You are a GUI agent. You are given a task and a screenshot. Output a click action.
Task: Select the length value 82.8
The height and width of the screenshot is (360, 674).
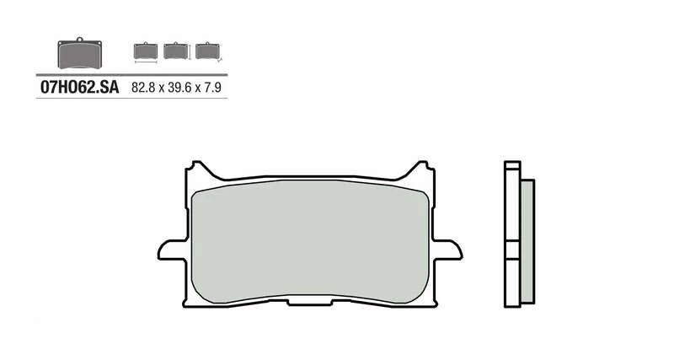coord(143,87)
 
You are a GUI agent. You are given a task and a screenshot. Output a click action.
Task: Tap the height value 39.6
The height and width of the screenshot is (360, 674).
coord(179,87)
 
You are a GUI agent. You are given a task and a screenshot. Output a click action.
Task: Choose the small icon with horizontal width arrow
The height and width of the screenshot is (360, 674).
coord(145,51)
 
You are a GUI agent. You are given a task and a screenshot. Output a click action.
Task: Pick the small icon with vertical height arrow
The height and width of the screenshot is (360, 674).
coord(175,51)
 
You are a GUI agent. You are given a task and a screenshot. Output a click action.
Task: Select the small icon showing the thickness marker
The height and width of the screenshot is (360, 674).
coord(206,51)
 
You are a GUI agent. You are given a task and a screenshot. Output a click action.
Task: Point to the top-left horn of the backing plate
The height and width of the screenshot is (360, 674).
coord(195,168)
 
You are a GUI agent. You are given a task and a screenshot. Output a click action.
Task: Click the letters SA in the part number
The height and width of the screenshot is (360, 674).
coord(109,87)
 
